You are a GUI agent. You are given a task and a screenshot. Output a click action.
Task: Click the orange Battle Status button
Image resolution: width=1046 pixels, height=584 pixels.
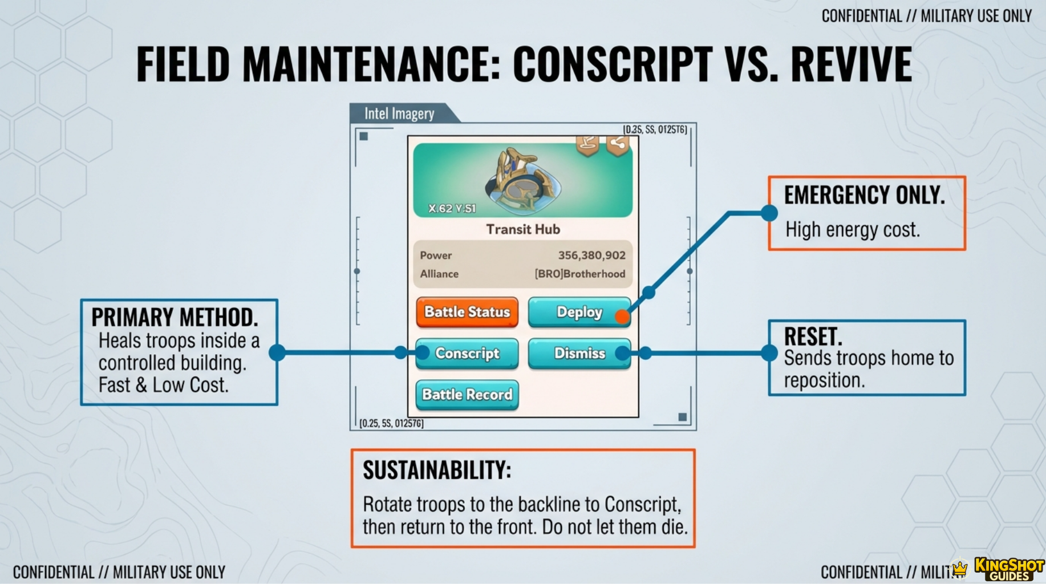click(x=467, y=312)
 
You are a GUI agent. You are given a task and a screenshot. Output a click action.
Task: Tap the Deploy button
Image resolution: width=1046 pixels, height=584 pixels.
click(x=579, y=312)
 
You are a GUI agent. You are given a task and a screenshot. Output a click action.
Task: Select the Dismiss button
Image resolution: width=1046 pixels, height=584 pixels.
click(x=579, y=354)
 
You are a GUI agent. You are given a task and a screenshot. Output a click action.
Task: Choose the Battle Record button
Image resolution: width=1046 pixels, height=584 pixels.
click(x=467, y=395)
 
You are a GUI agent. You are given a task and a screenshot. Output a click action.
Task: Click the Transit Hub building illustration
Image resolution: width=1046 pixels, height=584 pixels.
click(x=522, y=180)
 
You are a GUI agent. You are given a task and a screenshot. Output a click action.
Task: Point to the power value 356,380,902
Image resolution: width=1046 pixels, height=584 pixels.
click(x=591, y=255)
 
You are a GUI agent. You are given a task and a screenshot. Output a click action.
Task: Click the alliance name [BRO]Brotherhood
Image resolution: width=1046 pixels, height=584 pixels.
click(x=579, y=274)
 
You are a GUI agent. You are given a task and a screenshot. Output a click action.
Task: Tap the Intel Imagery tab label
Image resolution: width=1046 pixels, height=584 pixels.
click(x=399, y=113)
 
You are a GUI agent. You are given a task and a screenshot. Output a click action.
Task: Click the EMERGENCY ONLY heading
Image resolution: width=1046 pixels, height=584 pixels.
click(x=864, y=195)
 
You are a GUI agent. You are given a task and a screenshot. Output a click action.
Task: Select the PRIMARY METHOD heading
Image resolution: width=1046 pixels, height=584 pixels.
click(x=175, y=317)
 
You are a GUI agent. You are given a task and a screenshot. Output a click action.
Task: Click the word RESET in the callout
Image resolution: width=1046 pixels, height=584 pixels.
click(x=812, y=336)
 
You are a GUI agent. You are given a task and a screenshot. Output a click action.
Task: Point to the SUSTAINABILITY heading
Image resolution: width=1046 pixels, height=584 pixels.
click(x=437, y=471)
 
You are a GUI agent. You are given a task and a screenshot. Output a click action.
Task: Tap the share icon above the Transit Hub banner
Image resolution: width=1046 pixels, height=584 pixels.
click(x=618, y=144)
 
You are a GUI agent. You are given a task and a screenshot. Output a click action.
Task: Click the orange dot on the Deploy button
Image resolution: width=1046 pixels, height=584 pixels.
click(x=622, y=316)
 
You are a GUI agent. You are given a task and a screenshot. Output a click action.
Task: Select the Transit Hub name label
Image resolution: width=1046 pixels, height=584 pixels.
click(x=523, y=229)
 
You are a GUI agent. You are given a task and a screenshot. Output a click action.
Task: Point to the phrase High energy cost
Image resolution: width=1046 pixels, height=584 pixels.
click(x=853, y=230)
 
